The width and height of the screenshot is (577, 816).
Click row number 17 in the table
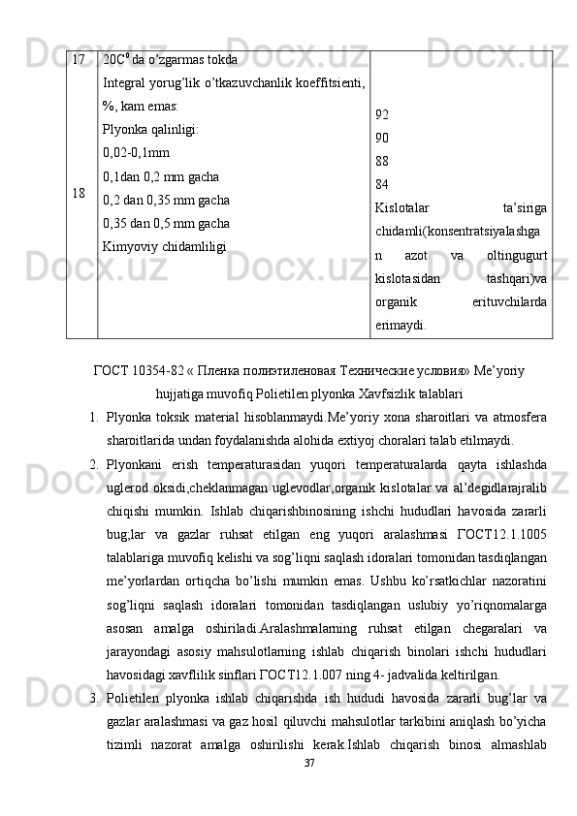[x=78, y=60]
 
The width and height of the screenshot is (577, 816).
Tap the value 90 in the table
[x=381, y=138]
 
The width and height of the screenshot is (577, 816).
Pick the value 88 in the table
[x=381, y=161]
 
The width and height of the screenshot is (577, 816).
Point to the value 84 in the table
[x=381, y=184]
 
